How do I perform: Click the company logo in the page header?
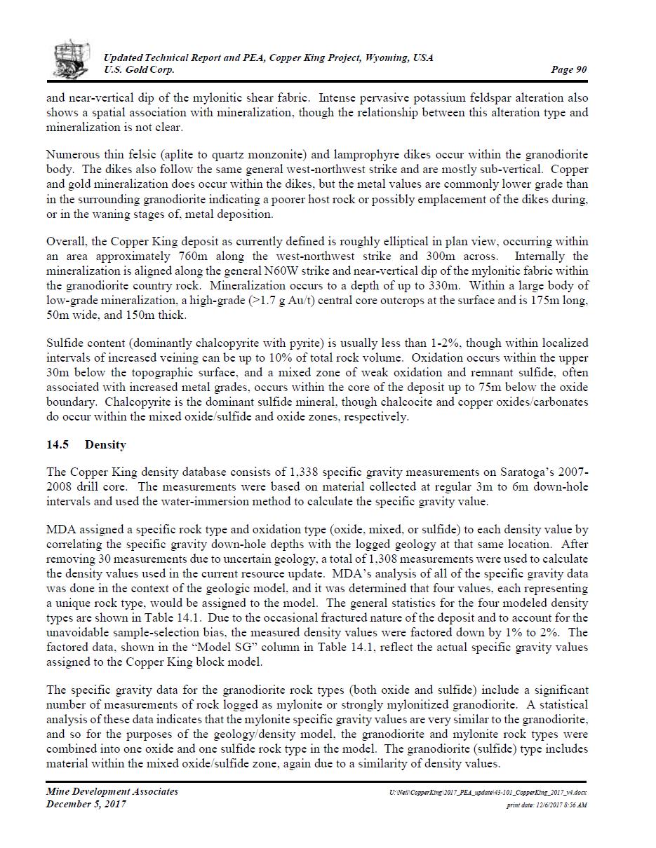pos(72,59)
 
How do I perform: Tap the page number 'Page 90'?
pos(569,69)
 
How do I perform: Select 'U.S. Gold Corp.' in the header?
pos(139,69)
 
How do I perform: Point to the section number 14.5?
pos(57,444)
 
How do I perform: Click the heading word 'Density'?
pos(105,444)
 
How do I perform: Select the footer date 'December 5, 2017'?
pos(86,804)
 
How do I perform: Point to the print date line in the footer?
pos(547,805)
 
